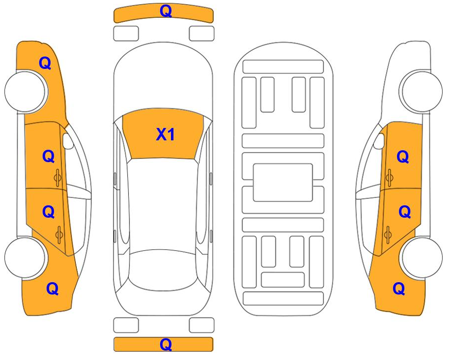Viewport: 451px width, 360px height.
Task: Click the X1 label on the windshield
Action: [x=165, y=134]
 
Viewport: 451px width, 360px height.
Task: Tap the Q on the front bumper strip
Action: [x=166, y=11]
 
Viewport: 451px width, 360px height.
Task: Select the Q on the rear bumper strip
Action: [x=166, y=344]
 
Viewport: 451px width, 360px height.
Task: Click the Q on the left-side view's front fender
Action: [x=45, y=63]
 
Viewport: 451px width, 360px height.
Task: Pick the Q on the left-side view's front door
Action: [x=49, y=156]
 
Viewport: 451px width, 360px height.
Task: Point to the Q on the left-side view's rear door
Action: [x=49, y=212]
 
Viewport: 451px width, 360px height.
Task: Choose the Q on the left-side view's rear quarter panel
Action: [x=53, y=288]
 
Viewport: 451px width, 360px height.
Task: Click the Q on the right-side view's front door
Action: [x=402, y=157]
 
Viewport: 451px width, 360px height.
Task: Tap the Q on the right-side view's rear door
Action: [x=405, y=212]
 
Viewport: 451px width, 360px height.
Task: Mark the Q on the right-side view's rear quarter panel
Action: [x=399, y=289]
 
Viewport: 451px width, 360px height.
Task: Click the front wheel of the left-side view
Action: [x=25, y=91]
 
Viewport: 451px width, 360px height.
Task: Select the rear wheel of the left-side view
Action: [x=25, y=258]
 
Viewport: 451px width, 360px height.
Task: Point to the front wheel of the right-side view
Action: [x=422, y=91]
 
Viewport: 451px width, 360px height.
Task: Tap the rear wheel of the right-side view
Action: [x=422, y=258]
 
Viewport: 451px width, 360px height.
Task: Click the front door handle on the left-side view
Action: [x=57, y=178]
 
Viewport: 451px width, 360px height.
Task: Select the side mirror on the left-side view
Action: [x=68, y=141]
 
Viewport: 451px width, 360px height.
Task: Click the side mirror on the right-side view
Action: [x=379, y=141]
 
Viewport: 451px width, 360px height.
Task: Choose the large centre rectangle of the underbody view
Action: [x=282, y=183]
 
